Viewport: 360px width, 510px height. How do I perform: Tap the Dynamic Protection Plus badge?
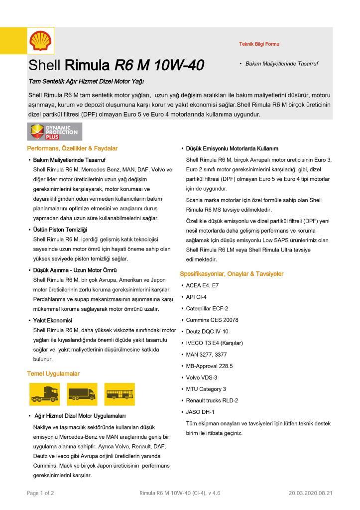55,131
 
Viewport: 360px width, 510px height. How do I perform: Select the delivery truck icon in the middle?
81,393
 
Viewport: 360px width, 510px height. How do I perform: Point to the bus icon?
120,393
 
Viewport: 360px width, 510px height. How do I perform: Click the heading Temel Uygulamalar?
53,374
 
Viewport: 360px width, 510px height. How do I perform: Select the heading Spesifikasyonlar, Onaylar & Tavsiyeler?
232,274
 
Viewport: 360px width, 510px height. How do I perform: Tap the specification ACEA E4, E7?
202,286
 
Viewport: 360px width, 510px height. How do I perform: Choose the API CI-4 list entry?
197,297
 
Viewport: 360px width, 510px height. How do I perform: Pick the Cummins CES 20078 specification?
212,320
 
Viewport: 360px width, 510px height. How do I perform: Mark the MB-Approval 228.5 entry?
209,366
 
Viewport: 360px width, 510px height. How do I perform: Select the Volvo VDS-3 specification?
201,378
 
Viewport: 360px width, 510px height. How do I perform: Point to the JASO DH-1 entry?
200,412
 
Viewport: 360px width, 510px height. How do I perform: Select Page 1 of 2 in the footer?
40,493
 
